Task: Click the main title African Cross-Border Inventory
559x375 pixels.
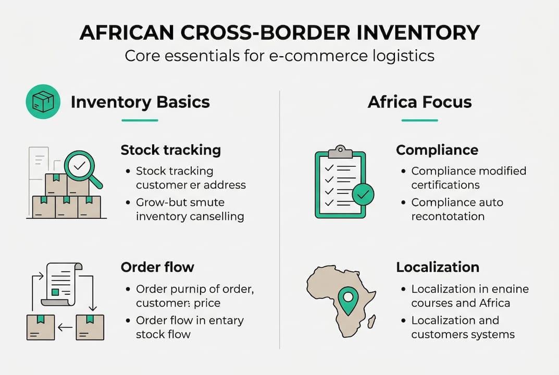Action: tap(279, 32)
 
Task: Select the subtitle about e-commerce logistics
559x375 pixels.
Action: tap(279, 55)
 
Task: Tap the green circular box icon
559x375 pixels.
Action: tap(43, 102)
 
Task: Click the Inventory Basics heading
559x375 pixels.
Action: tap(140, 102)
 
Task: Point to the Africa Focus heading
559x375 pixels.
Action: tap(419, 102)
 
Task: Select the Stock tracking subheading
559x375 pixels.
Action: tap(170, 150)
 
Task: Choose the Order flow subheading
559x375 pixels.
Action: tap(157, 267)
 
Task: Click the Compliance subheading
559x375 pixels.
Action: tap(437, 150)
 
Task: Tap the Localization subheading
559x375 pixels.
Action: tap(437, 267)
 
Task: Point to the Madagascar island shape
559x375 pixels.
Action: tap(372, 321)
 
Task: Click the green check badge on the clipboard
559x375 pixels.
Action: tap(363, 195)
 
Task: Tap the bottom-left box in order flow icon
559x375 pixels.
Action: tap(41, 328)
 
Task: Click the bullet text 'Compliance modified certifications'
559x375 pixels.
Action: tap(468, 178)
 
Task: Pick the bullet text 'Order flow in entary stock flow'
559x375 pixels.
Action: tap(189, 327)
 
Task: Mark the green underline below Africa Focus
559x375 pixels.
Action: tap(419, 120)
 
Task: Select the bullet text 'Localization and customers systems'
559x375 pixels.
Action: tap(463, 327)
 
